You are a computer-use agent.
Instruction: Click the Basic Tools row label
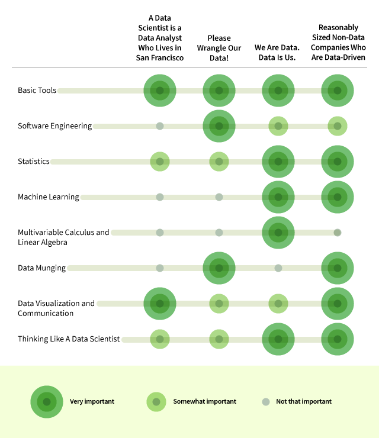click(x=37, y=91)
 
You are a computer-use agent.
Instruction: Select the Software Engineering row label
click(x=54, y=126)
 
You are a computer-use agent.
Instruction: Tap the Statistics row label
click(x=34, y=162)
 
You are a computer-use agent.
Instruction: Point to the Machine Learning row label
click(x=49, y=197)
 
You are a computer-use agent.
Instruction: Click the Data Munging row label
click(x=41, y=268)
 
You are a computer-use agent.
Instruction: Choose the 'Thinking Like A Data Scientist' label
click(x=69, y=339)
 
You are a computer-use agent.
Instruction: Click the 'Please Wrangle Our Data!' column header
click(x=219, y=48)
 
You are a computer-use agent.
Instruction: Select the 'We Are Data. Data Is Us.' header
click(x=278, y=53)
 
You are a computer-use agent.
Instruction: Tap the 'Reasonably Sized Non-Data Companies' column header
click(x=338, y=43)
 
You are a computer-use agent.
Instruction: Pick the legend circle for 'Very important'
click(x=47, y=402)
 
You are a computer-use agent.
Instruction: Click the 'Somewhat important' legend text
click(x=204, y=401)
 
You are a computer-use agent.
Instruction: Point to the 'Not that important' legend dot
click(x=266, y=402)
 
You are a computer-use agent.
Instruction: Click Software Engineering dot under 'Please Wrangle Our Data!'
click(x=219, y=126)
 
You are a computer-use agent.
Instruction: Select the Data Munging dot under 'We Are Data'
click(x=278, y=268)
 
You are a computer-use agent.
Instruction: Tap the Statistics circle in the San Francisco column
click(x=160, y=162)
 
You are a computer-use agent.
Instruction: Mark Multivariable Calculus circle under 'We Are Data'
click(x=278, y=233)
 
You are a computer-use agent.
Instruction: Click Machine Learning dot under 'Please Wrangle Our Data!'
click(x=219, y=197)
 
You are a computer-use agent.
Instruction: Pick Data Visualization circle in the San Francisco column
click(x=160, y=304)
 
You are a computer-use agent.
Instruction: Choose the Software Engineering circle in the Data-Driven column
click(x=338, y=126)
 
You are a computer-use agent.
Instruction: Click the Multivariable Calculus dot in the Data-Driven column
click(x=338, y=233)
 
